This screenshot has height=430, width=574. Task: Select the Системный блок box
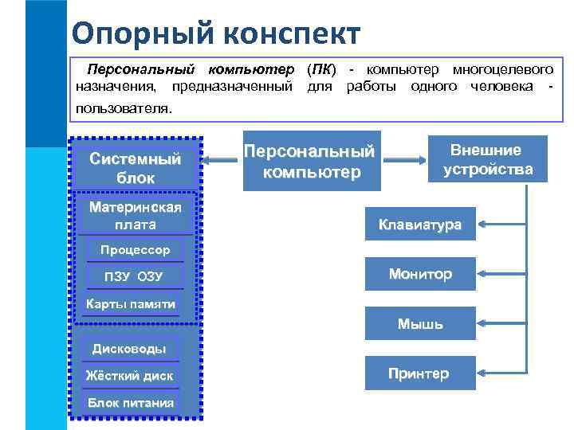pos(136,168)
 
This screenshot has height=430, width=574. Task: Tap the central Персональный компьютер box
pos(309,161)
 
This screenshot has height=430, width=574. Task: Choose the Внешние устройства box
pos(487,159)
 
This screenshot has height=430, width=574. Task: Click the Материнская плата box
pos(136,216)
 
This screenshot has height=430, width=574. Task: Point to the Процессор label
pos(135,251)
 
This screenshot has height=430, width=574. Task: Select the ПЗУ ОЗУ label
pos(133,277)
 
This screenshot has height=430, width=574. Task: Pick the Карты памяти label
pos(131,304)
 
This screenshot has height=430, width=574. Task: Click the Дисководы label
pos(129,349)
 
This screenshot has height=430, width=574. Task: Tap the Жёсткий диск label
pos(129,375)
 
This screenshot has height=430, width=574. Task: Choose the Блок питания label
pos(130,402)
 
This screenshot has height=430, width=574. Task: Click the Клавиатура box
pos(419,225)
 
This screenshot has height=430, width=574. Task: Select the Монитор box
pos(419,274)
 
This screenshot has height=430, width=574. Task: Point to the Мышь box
pos(419,324)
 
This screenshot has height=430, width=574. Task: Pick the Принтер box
pos(419,373)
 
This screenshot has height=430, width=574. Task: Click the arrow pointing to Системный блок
pos(220,161)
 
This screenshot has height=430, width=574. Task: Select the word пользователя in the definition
pos(123,107)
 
